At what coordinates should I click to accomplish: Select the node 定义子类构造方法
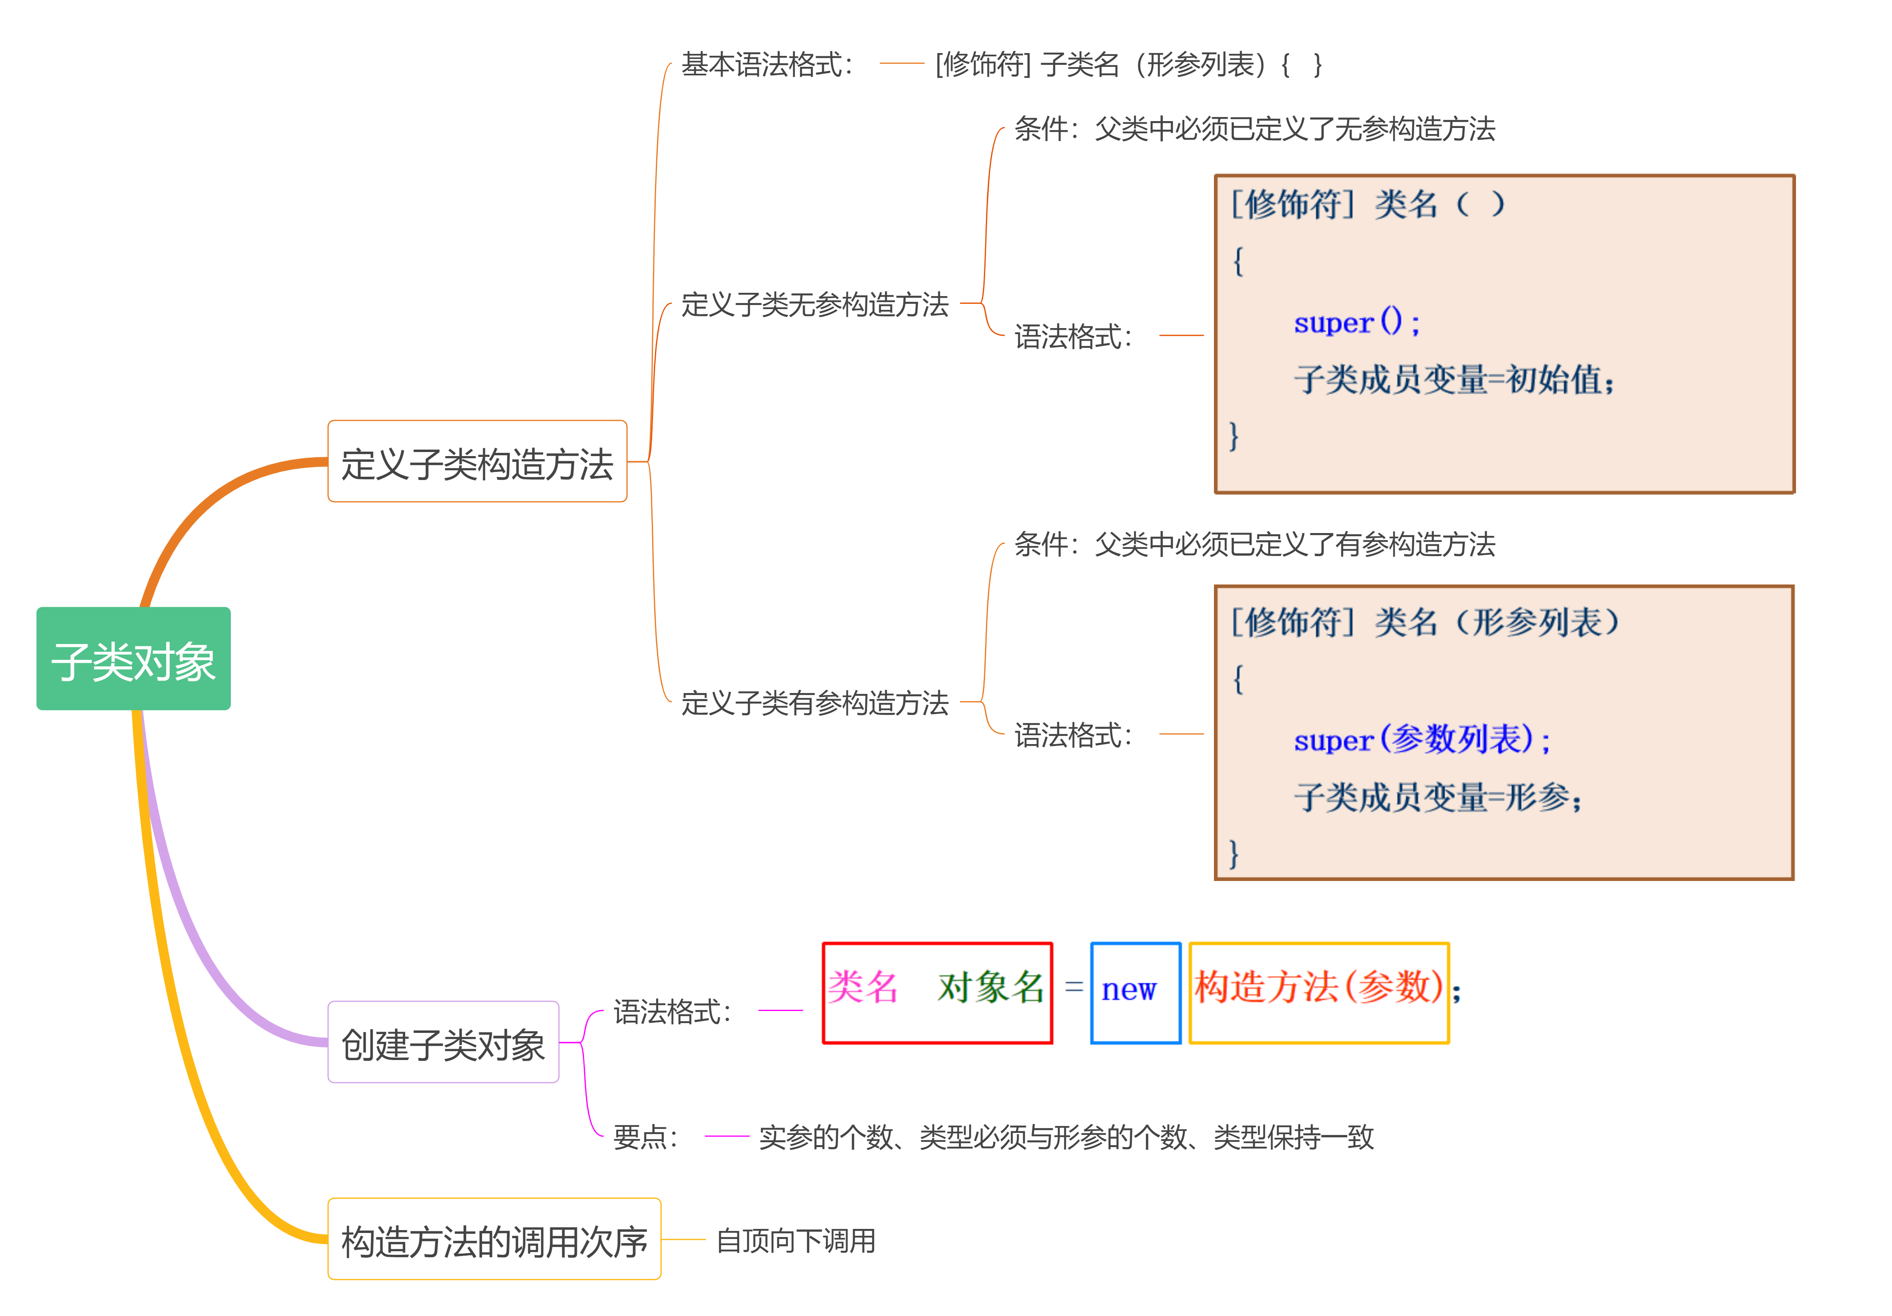coord(477,462)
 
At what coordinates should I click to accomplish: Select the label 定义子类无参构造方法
coord(814,305)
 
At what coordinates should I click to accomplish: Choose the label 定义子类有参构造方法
coord(814,703)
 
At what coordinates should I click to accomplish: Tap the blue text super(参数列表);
coord(1421,739)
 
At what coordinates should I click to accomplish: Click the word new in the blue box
coord(1129,989)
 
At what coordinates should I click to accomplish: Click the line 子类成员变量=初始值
coord(1455,380)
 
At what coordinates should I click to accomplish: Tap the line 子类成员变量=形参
coord(1438,797)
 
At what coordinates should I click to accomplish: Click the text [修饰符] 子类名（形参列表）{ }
coord(1129,64)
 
